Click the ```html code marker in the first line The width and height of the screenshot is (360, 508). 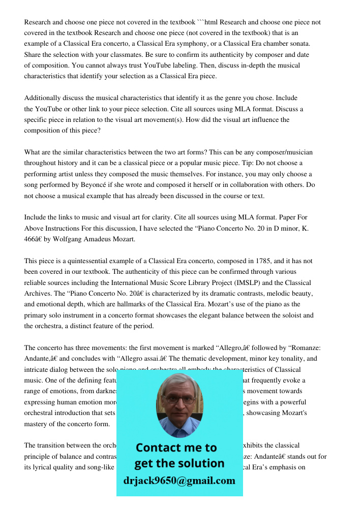pyautogui.click(x=208, y=22)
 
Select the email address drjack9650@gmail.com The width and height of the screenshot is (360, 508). pyautogui.click(x=179, y=481)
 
